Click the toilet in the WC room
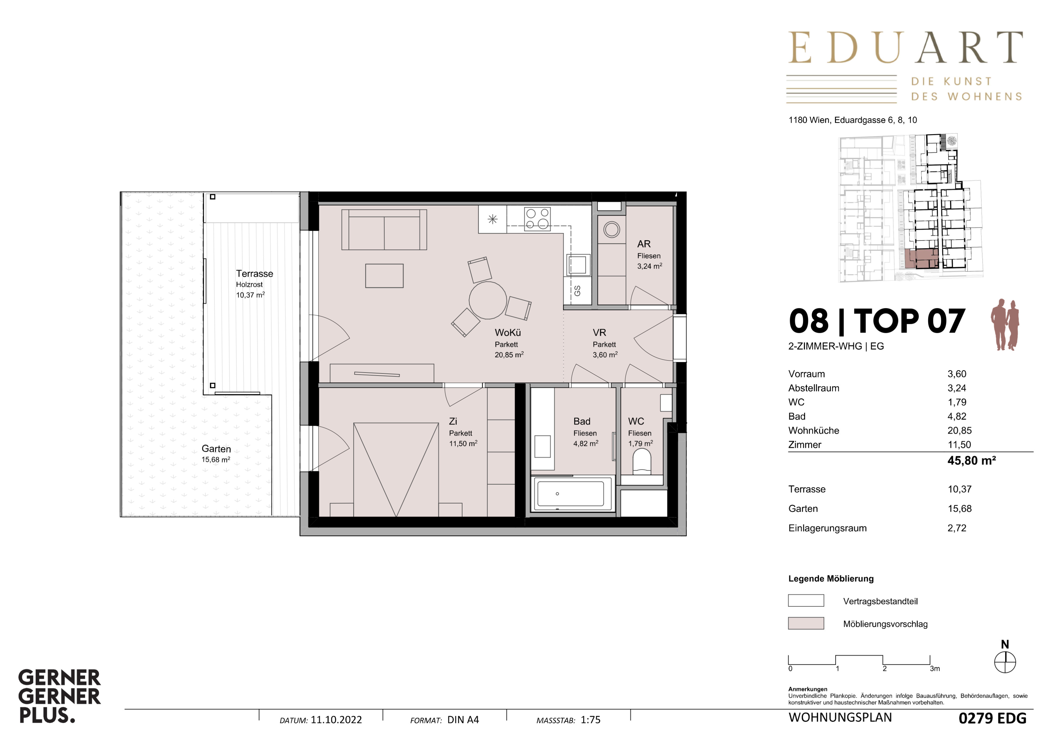tap(642, 461)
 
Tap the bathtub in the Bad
tap(571, 494)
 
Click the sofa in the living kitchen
tap(384, 229)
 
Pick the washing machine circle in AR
tap(612, 229)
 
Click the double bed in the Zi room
tap(396, 470)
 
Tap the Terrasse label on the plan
tap(255, 273)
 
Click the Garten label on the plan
tap(216, 449)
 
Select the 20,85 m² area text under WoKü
tap(509, 355)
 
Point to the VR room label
tap(599, 333)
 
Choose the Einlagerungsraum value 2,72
tap(957, 528)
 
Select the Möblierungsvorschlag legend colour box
tap(806, 623)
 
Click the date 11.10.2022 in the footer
tap(336, 720)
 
